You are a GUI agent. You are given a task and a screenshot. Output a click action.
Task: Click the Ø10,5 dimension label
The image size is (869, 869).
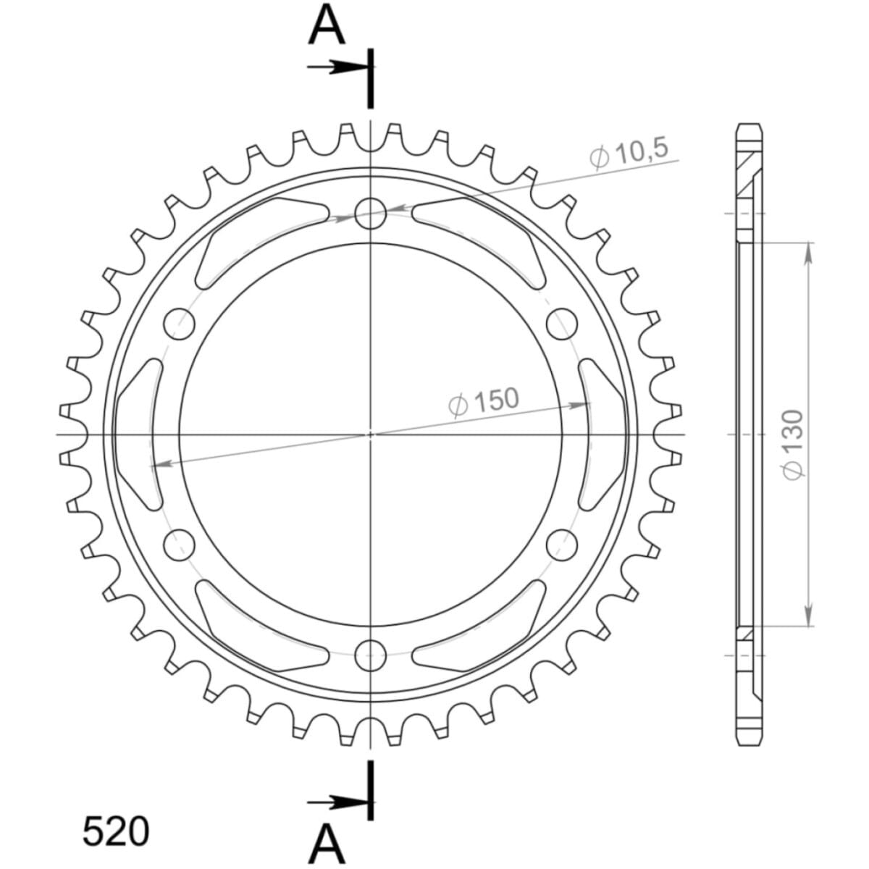628,155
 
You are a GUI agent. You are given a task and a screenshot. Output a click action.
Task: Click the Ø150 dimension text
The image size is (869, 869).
484,401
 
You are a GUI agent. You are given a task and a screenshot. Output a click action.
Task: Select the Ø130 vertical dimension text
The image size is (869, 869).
792,444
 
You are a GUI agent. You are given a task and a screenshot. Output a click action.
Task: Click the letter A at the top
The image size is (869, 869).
327,26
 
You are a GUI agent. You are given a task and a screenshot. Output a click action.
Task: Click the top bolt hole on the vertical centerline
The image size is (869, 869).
371,214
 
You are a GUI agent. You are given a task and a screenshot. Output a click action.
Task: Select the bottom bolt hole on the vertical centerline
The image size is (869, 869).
371,655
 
